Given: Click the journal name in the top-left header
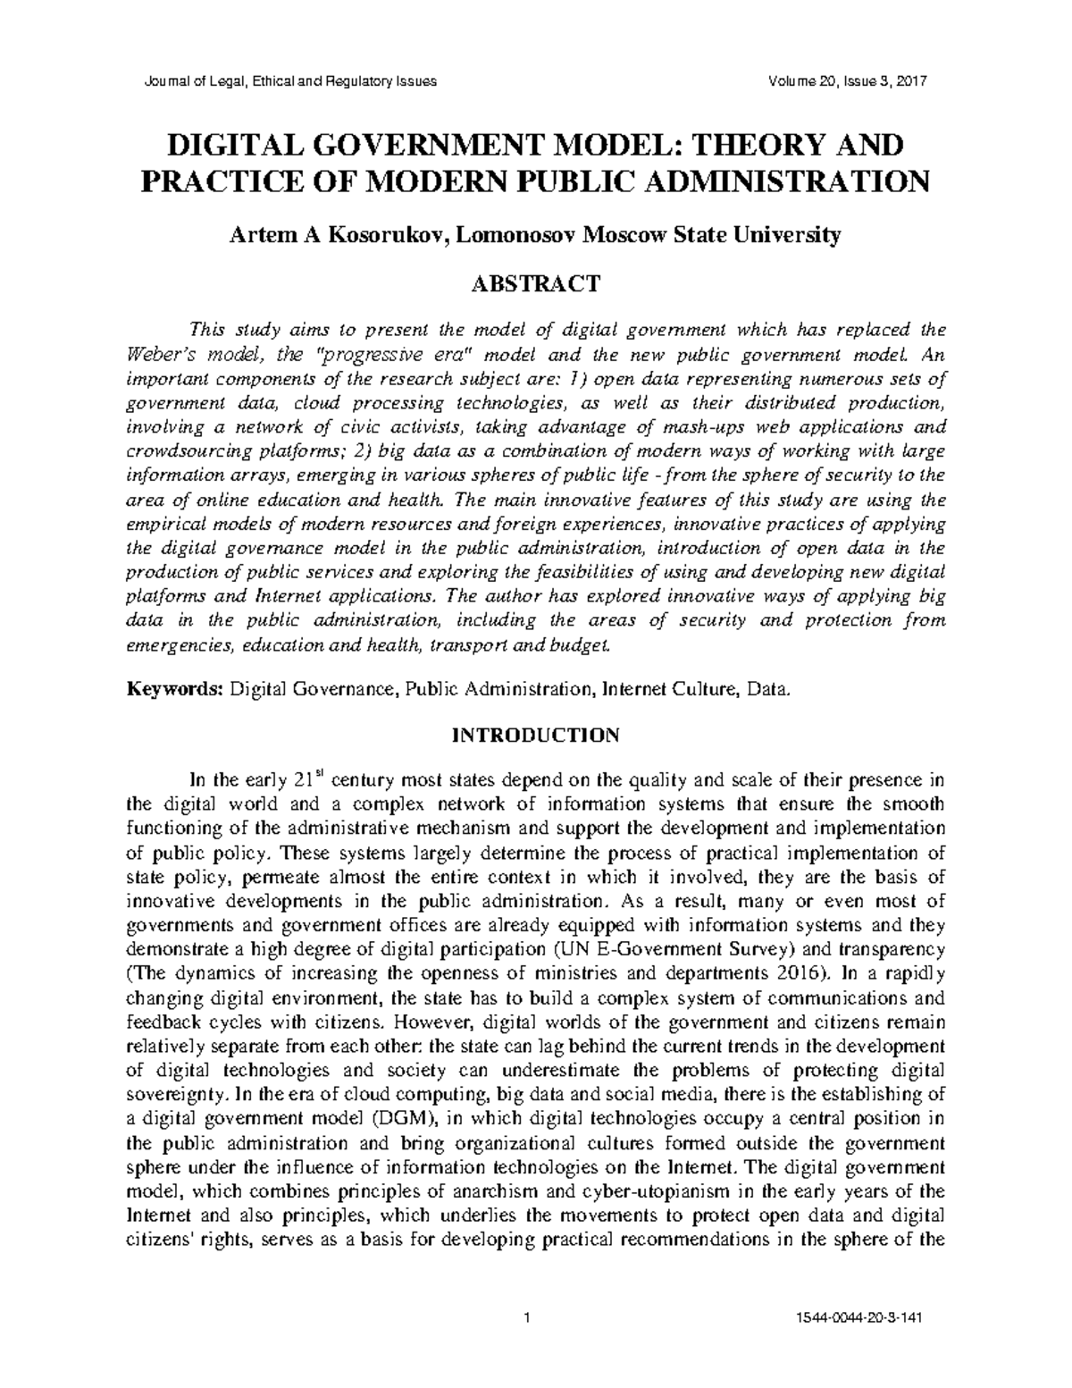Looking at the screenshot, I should (x=290, y=81).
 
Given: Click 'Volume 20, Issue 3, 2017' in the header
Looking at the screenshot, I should (x=848, y=81).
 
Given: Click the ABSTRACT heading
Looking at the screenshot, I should (x=536, y=285).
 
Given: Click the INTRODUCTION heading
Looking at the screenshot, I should (x=536, y=736).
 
